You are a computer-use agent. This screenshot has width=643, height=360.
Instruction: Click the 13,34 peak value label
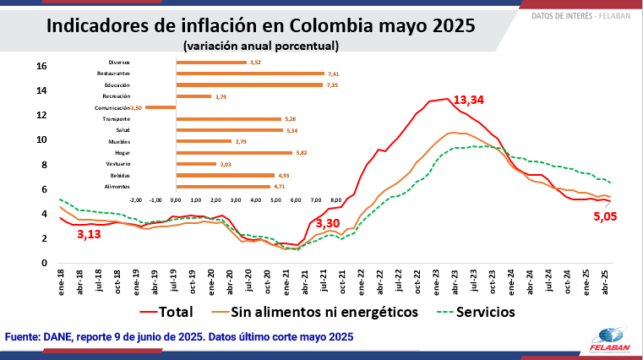coord(471,100)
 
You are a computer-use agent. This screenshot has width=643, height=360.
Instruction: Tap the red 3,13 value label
coord(89,234)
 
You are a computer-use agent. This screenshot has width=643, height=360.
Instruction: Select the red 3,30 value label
coord(328,224)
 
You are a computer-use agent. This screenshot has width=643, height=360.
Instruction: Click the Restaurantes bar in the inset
coord(250,74)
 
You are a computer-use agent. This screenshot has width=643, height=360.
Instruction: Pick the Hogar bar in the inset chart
coord(234,153)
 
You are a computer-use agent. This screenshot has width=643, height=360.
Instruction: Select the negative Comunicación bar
coord(161,107)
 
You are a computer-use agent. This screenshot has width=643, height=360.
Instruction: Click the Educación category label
coord(117,85)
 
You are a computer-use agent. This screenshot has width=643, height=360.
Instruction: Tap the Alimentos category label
coord(117,187)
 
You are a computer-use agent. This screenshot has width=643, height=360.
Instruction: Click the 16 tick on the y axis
coord(41,66)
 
